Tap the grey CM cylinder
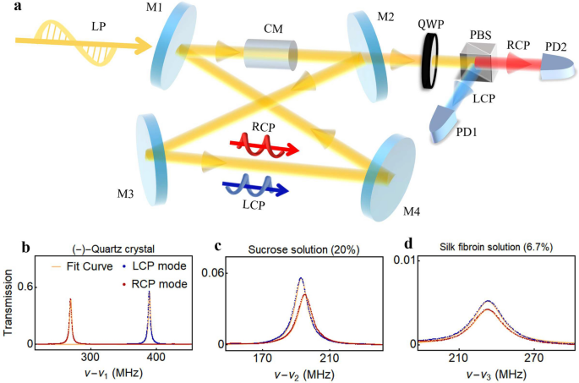point(272,53)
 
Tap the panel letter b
point(27,247)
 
